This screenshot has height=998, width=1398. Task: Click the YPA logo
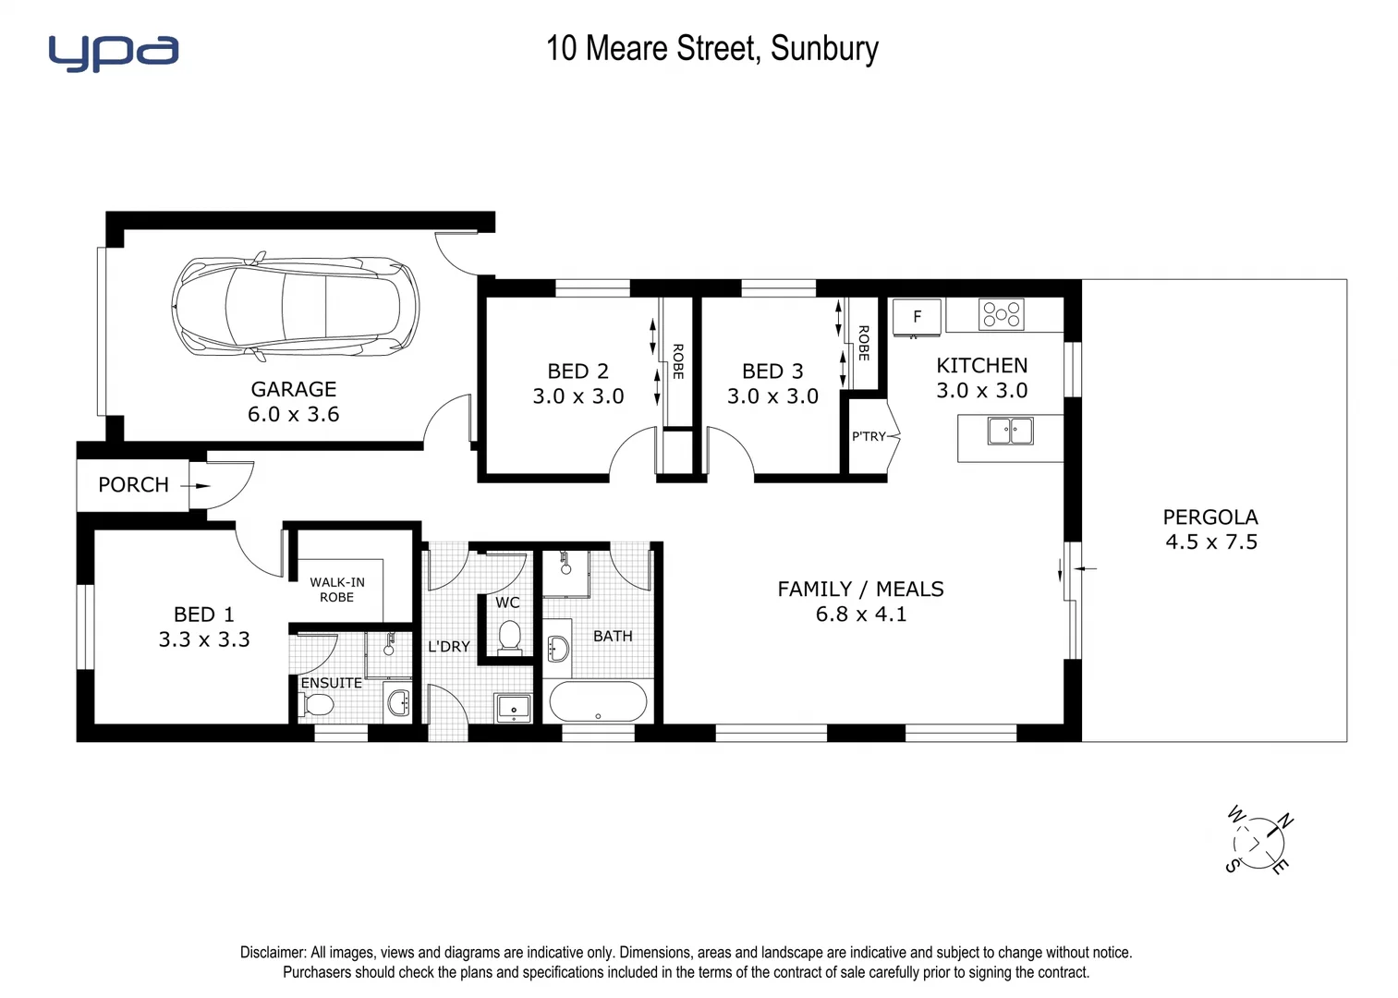pos(113,53)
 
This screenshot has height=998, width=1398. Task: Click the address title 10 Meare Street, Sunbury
pos(711,48)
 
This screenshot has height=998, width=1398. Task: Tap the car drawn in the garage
pos(296,306)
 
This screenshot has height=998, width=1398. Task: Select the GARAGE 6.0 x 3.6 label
pos(294,402)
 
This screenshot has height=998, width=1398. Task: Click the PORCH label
pos(133,485)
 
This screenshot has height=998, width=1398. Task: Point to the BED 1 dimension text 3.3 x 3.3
pos(204,639)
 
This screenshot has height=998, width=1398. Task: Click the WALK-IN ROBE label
pos(337,590)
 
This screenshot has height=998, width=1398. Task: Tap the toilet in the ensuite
pos(317,706)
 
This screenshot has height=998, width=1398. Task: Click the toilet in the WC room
pos(509,637)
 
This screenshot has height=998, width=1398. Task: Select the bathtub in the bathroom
pos(599,701)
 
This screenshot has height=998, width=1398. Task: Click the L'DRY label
pos(449,647)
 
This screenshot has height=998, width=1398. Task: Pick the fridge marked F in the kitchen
pos(917,317)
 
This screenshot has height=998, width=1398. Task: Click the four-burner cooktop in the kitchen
pos(1002,314)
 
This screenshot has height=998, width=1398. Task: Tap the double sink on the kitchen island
pos(1010,431)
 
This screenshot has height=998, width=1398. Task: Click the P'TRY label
pos(869,436)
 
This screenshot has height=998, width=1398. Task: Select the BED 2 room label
pos(578,371)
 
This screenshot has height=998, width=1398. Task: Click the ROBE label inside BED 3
pos(863,343)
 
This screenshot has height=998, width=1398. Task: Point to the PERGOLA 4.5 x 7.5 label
pos(1210,529)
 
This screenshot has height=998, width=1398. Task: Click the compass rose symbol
pos(1258,842)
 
